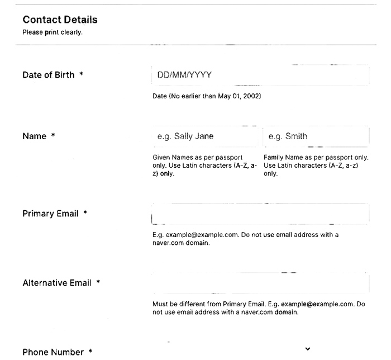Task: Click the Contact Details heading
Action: pyautogui.click(x=60, y=20)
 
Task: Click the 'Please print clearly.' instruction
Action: pyautogui.click(x=53, y=32)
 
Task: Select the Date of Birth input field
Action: pyautogui.click(x=260, y=75)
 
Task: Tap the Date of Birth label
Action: pyautogui.click(x=48, y=75)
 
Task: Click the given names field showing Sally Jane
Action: pyautogui.click(x=206, y=136)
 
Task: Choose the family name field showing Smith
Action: pyautogui.click(x=316, y=136)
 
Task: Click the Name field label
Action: pyautogui.click(x=34, y=136)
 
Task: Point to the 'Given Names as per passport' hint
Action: pyautogui.click(x=205, y=165)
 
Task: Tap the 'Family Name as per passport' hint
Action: pyautogui.click(x=316, y=165)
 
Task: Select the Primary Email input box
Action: pyautogui.click(x=260, y=214)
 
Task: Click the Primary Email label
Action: pyautogui.click(x=50, y=214)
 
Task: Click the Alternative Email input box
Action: pyautogui.click(x=260, y=283)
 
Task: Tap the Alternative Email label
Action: pyautogui.click(x=56, y=283)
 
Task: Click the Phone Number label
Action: pyautogui.click(x=53, y=352)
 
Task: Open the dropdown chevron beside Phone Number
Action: pyautogui.click(x=307, y=349)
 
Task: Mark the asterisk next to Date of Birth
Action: pyautogui.click(x=81, y=74)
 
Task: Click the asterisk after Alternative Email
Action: pyautogui.click(x=98, y=282)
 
